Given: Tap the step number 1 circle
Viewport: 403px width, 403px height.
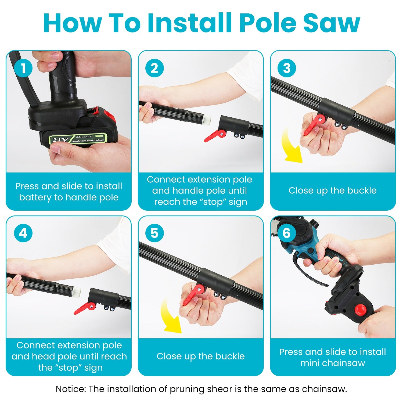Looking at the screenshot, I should (x=23, y=68).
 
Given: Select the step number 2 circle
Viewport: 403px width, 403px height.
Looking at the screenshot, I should (x=154, y=68).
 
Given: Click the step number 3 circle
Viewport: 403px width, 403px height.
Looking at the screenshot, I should (x=287, y=68).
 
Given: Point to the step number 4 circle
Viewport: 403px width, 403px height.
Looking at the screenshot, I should (x=23, y=233).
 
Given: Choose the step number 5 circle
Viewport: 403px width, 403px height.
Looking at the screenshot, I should (x=154, y=233).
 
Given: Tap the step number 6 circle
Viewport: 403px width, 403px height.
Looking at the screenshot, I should (x=287, y=233).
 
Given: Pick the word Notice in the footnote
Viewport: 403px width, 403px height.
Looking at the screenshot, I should (x=71, y=389).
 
